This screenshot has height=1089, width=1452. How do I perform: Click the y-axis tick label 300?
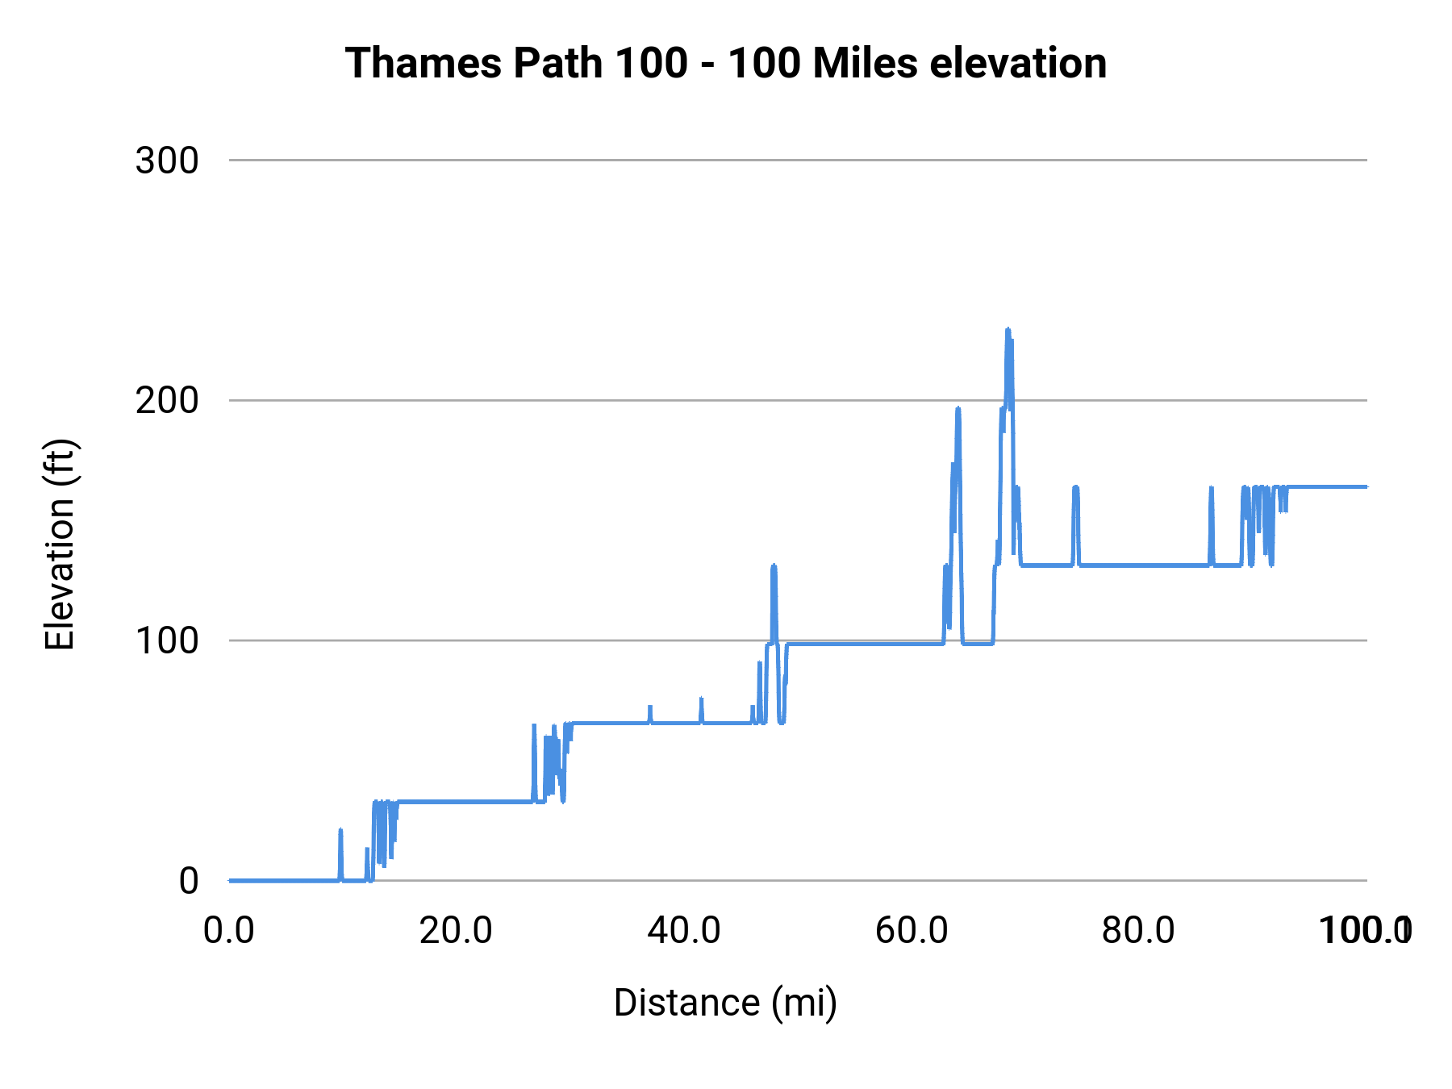tap(167, 161)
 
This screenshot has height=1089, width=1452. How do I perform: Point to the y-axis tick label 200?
tap(167, 400)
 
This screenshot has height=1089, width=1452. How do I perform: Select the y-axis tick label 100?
tap(167, 640)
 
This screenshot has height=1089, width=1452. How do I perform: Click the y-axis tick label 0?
tap(188, 881)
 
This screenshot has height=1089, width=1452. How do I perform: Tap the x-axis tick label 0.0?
tap(229, 931)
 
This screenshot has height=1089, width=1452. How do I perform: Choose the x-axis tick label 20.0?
tap(457, 931)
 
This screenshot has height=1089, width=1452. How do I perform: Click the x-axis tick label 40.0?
tap(684, 931)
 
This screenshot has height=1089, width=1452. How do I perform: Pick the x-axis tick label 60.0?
tap(912, 931)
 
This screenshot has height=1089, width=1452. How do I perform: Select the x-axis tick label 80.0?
tap(1139, 931)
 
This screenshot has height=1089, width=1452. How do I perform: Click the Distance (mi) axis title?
tap(725, 1003)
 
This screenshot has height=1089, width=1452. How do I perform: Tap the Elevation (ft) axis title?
tap(60, 544)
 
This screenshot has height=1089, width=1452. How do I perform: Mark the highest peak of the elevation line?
tap(1008, 330)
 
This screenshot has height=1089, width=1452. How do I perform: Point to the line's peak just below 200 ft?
tap(958, 409)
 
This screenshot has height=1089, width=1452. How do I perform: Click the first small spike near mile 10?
tap(340, 830)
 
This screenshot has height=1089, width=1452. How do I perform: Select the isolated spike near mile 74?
tap(1075, 488)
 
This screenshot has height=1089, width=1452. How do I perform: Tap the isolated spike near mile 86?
tap(1212, 488)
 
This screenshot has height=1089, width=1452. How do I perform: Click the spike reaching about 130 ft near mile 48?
tap(774, 566)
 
